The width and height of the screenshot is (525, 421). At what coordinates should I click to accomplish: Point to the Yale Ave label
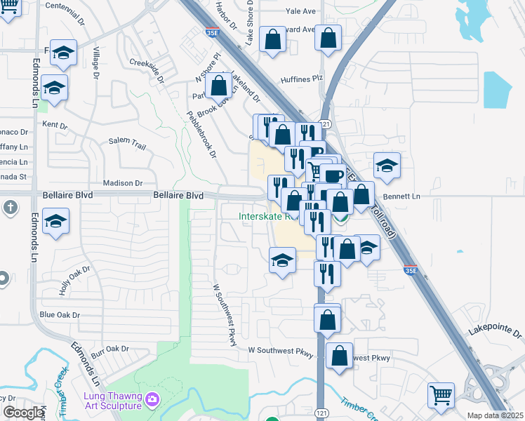point(301,12)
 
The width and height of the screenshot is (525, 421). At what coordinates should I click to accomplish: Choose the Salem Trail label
point(127,143)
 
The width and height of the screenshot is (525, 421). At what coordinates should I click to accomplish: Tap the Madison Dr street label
point(123,183)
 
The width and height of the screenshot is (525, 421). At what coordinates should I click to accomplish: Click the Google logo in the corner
point(23,413)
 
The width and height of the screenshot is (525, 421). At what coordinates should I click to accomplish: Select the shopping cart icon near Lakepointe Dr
point(441,394)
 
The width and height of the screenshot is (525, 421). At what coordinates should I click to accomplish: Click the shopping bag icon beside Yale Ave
point(328,38)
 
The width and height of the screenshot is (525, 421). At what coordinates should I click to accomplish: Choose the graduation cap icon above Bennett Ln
point(387,166)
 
